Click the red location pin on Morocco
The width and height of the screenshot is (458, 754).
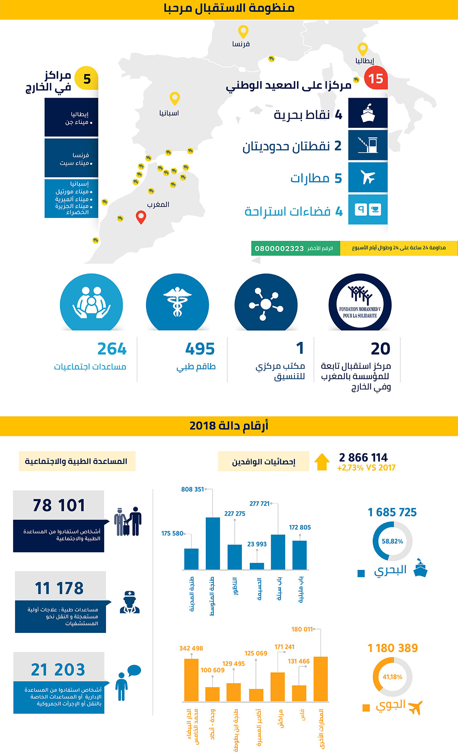coord(141,216)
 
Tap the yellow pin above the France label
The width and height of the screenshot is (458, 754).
coord(243,31)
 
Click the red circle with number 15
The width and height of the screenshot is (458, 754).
coord(376,78)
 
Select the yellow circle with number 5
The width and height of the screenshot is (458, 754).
coord(87,78)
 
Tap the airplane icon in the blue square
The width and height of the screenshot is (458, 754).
coord(368,177)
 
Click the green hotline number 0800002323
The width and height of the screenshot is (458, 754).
coord(279,249)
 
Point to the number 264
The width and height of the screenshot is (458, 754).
coord(112,349)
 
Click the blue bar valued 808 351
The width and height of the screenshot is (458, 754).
coord(213,543)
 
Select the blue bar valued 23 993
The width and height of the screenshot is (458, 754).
coord(257,566)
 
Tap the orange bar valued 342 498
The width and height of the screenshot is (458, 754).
coord(191,680)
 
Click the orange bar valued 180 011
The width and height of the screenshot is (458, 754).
coord(320,679)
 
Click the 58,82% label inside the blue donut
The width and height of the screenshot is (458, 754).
coord(392,541)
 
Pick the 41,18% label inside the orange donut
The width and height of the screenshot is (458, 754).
coord(392,677)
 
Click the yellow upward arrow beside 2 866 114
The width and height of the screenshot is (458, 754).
coord(322,462)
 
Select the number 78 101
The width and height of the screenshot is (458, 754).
coord(59,505)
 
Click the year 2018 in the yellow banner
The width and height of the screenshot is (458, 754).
coord(203,426)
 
